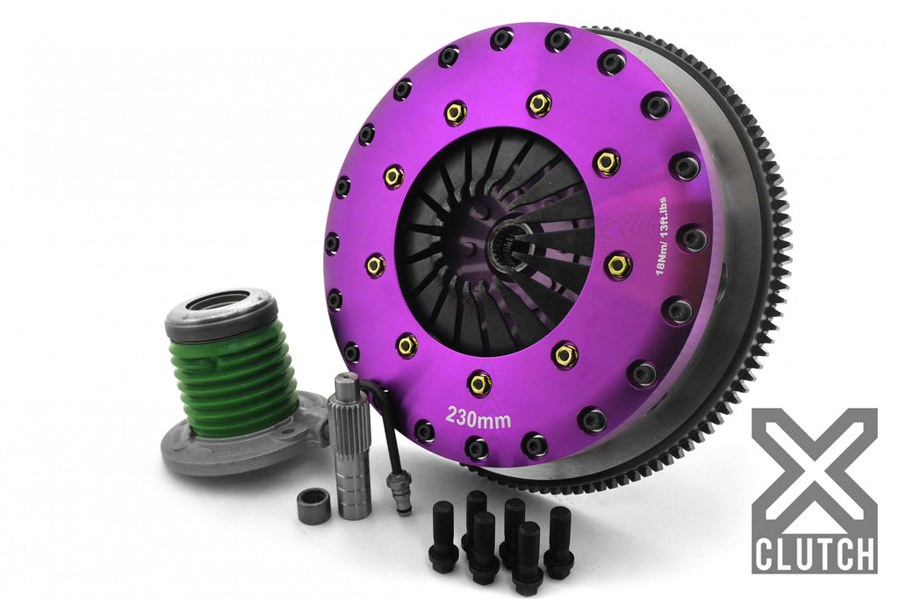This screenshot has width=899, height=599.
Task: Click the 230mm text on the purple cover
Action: tap(478, 418)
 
